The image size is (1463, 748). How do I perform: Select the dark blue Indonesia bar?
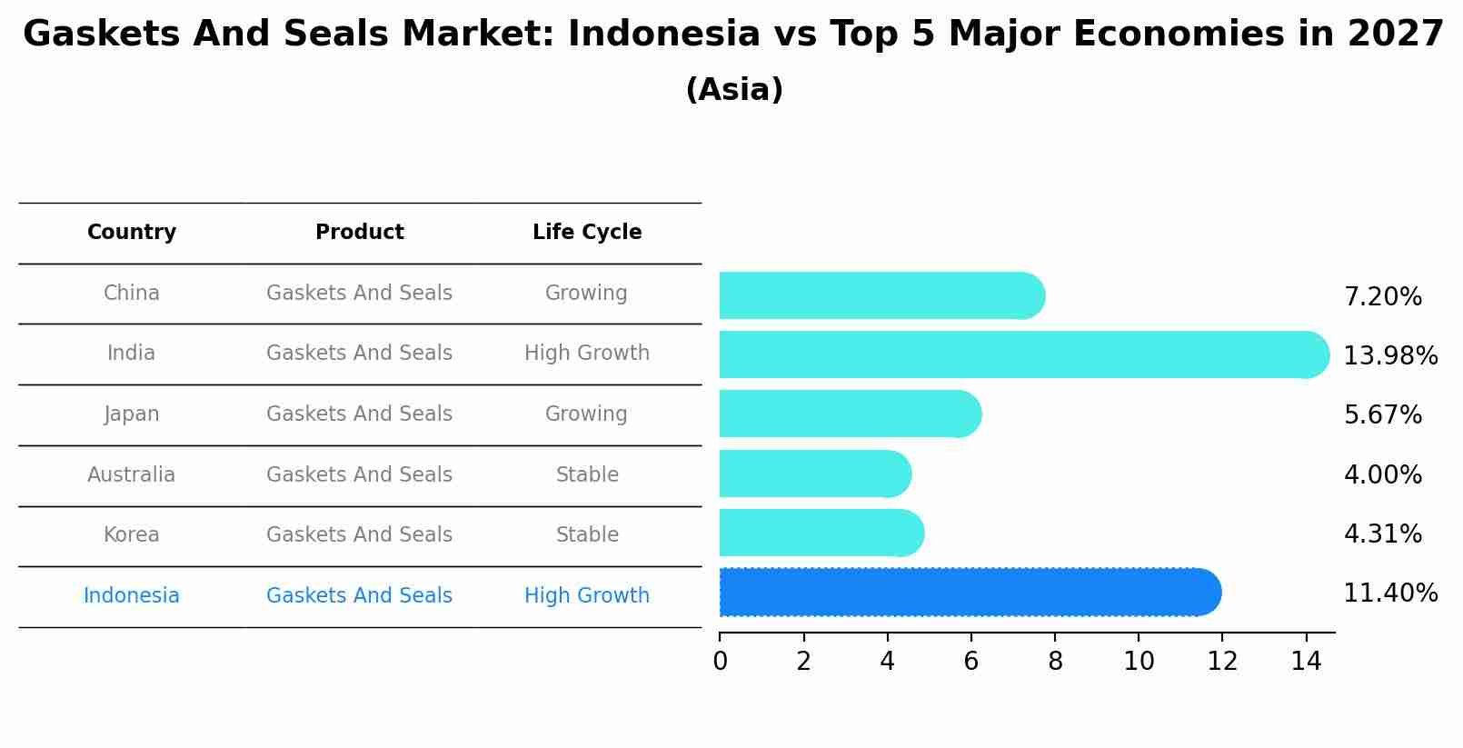tap(969, 593)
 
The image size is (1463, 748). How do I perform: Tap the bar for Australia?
tap(814, 474)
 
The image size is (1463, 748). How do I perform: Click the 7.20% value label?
tap(1382, 297)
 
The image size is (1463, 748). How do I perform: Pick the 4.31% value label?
tap(1382, 534)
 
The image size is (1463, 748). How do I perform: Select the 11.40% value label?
tap(1389, 593)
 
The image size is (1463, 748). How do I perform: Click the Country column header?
tap(132, 233)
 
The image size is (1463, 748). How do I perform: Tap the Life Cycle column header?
tap(587, 233)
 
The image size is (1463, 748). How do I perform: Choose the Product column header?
tap(360, 233)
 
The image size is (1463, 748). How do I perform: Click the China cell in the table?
tap(132, 294)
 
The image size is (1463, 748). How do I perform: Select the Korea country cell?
tap(132, 535)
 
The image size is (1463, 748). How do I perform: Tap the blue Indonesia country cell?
tap(132, 596)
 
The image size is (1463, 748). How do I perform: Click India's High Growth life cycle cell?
tap(587, 354)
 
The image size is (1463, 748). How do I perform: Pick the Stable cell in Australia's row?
tap(587, 475)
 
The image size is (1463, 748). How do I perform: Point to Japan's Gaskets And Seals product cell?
tap(360, 414)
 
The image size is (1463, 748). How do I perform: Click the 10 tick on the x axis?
tap(1139, 662)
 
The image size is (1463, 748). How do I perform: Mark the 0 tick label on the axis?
tap(720, 662)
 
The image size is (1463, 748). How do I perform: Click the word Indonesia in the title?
tap(664, 35)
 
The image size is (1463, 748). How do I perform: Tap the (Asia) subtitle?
tap(734, 90)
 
